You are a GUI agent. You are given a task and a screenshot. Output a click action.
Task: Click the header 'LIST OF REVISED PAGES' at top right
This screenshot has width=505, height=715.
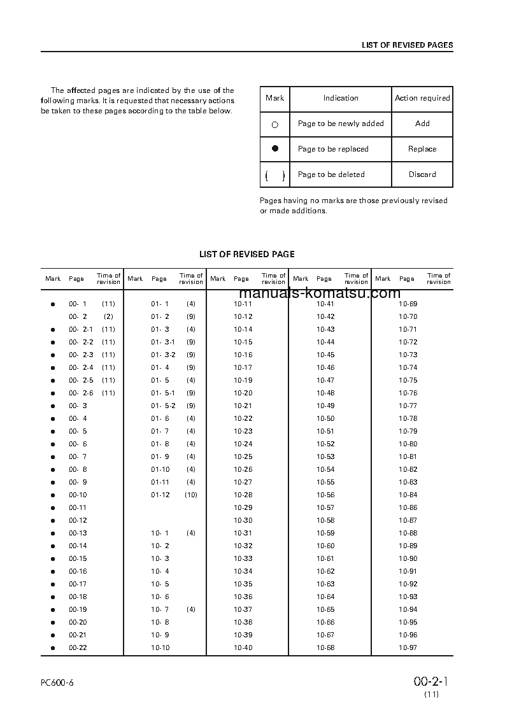(407, 45)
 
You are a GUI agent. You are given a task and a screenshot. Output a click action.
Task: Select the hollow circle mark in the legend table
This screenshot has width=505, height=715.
(275, 125)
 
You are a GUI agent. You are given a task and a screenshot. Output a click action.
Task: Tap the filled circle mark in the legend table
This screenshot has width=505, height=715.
(275, 148)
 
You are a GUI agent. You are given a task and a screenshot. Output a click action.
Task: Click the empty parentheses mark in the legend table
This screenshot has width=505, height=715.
(274, 175)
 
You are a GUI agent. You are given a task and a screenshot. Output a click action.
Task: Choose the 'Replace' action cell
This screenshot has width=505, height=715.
(422, 149)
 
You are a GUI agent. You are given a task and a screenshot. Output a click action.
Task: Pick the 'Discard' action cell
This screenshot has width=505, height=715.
(422, 174)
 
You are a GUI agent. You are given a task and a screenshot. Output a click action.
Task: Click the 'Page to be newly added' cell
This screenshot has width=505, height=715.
(341, 124)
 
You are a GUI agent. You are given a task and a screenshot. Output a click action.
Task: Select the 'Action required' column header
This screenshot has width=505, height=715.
(422, 98)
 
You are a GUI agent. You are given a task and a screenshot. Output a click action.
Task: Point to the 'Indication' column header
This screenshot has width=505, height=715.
(341, 98)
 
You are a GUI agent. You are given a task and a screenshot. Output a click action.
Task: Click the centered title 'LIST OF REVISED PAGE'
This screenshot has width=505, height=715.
(247, 254)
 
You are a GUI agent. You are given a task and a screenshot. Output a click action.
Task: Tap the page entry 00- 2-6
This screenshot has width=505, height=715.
(81, 393)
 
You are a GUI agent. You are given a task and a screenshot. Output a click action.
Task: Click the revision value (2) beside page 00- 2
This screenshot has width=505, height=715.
(108, 316)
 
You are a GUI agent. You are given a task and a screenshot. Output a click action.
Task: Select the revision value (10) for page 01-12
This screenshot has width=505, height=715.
(191, 495)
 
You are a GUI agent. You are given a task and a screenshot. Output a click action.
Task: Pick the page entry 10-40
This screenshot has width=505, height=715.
(243, 648)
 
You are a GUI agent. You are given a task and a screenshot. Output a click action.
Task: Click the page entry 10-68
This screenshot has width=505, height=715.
(325, 648)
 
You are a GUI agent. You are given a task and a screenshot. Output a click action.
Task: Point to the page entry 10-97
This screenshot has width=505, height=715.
(408, 648)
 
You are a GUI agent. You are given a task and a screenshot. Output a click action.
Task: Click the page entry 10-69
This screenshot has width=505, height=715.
(408, 304)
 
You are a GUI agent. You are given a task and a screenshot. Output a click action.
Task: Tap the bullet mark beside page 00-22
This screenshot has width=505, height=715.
(53, 648)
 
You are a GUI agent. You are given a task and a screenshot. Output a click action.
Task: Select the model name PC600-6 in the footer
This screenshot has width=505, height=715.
(57, 683)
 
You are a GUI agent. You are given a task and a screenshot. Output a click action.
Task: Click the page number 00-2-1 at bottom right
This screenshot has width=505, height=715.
(431, 681)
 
